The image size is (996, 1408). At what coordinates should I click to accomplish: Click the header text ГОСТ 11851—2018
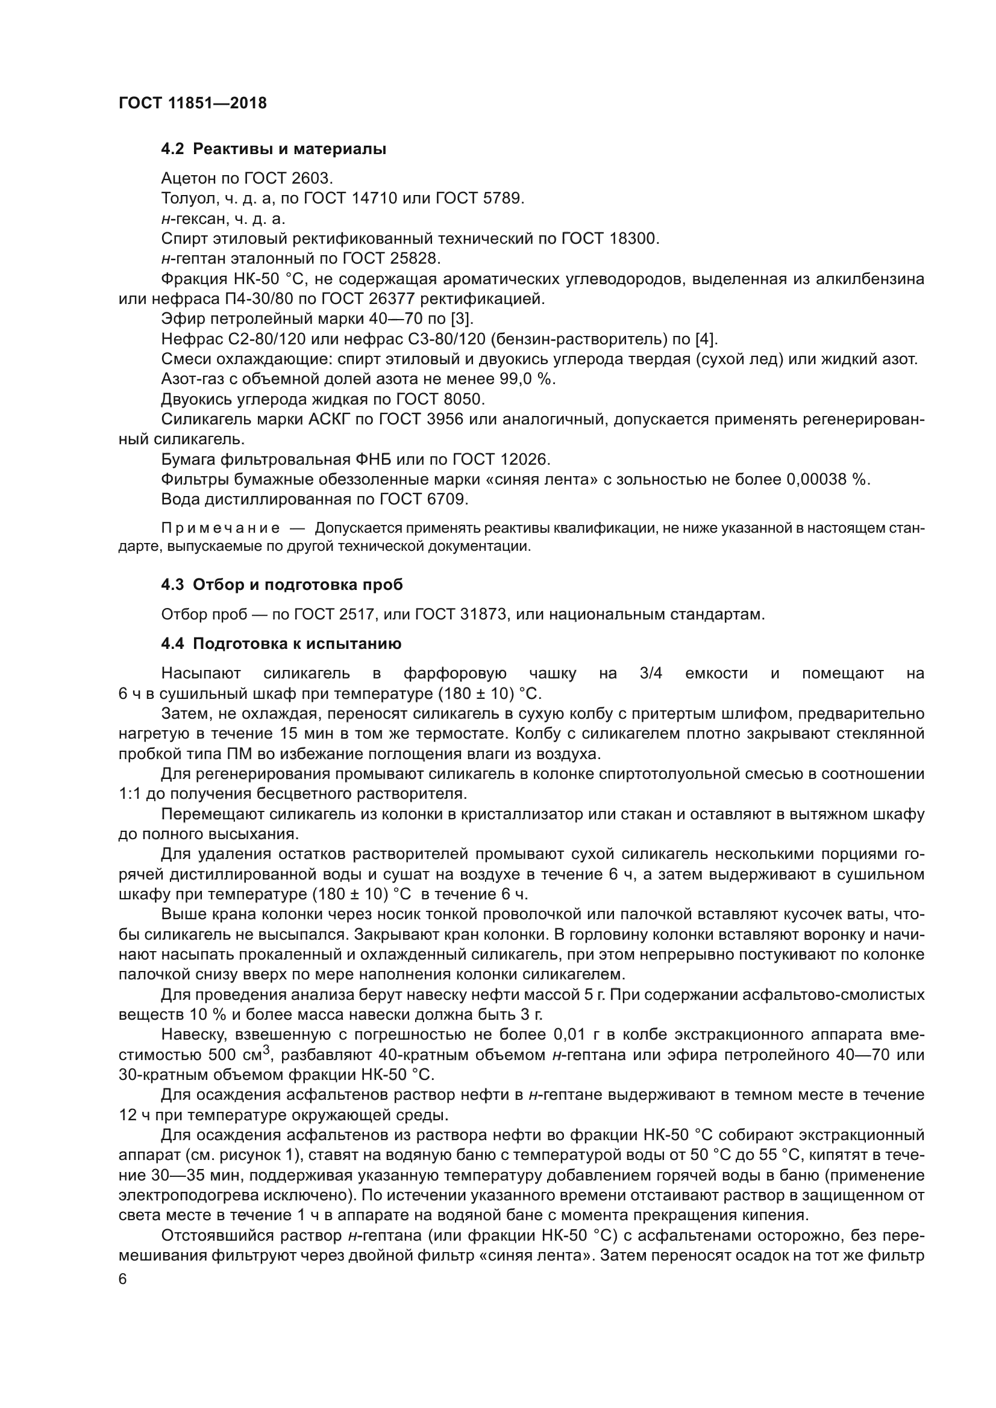pos(193,103)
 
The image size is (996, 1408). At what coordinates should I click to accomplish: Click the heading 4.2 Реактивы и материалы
pos(274,149)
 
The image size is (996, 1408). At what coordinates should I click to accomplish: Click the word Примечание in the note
pos(221,529)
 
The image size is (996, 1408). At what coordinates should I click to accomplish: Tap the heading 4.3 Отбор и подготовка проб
pos(281,585)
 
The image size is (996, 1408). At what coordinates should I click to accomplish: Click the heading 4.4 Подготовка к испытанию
pos(281,644)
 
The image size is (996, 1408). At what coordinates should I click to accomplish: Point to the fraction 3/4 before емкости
pos(651,674)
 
